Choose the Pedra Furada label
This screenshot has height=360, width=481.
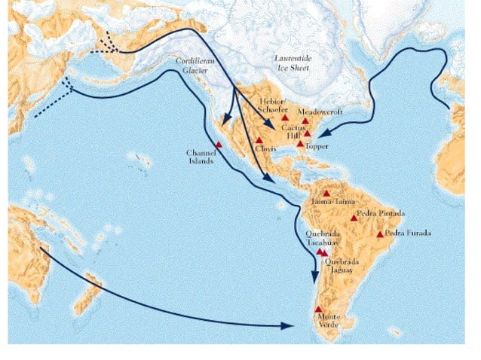pos(409,233)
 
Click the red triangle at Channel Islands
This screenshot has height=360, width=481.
pos(219,144)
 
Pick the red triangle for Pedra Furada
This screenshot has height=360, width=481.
pos(379,233)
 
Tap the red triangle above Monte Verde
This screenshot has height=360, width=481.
pos(318,310)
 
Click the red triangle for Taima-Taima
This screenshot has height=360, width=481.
pos(326,193)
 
